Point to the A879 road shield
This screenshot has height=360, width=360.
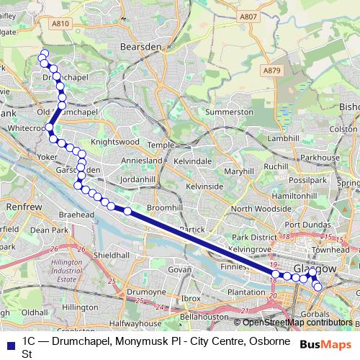pyautogui.click(x=271, y=70)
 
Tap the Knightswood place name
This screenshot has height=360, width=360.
pyautogui.click(x=114, y=143)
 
